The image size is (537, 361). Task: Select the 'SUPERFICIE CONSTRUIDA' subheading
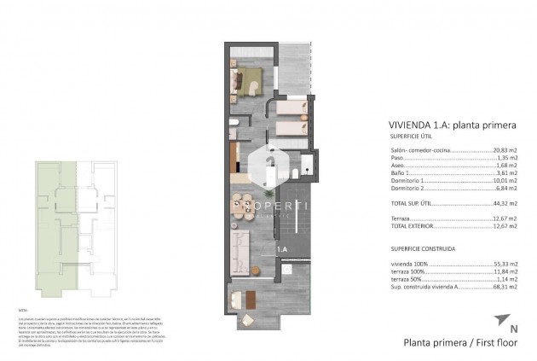pyautogui.click(x=419, y=248)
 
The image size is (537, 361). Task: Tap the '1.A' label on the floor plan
pyautogui.click(x=281, y=248)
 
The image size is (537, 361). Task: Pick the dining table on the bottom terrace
pyautogui.click(x=247, y=300)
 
